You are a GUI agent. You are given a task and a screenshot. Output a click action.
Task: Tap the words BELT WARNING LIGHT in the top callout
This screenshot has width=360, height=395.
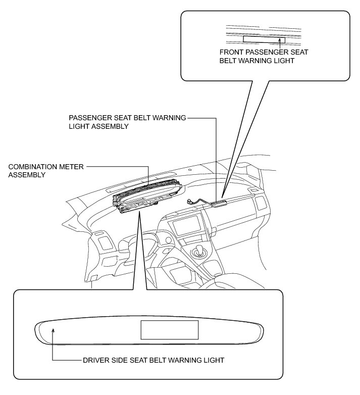point(256,61)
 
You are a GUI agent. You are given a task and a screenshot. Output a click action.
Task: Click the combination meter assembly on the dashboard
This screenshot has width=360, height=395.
point(146,197)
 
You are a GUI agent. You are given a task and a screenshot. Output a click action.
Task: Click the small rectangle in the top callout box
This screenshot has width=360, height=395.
point(264,39)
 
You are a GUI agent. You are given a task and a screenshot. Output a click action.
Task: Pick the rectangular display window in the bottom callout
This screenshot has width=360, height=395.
point(169,330)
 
